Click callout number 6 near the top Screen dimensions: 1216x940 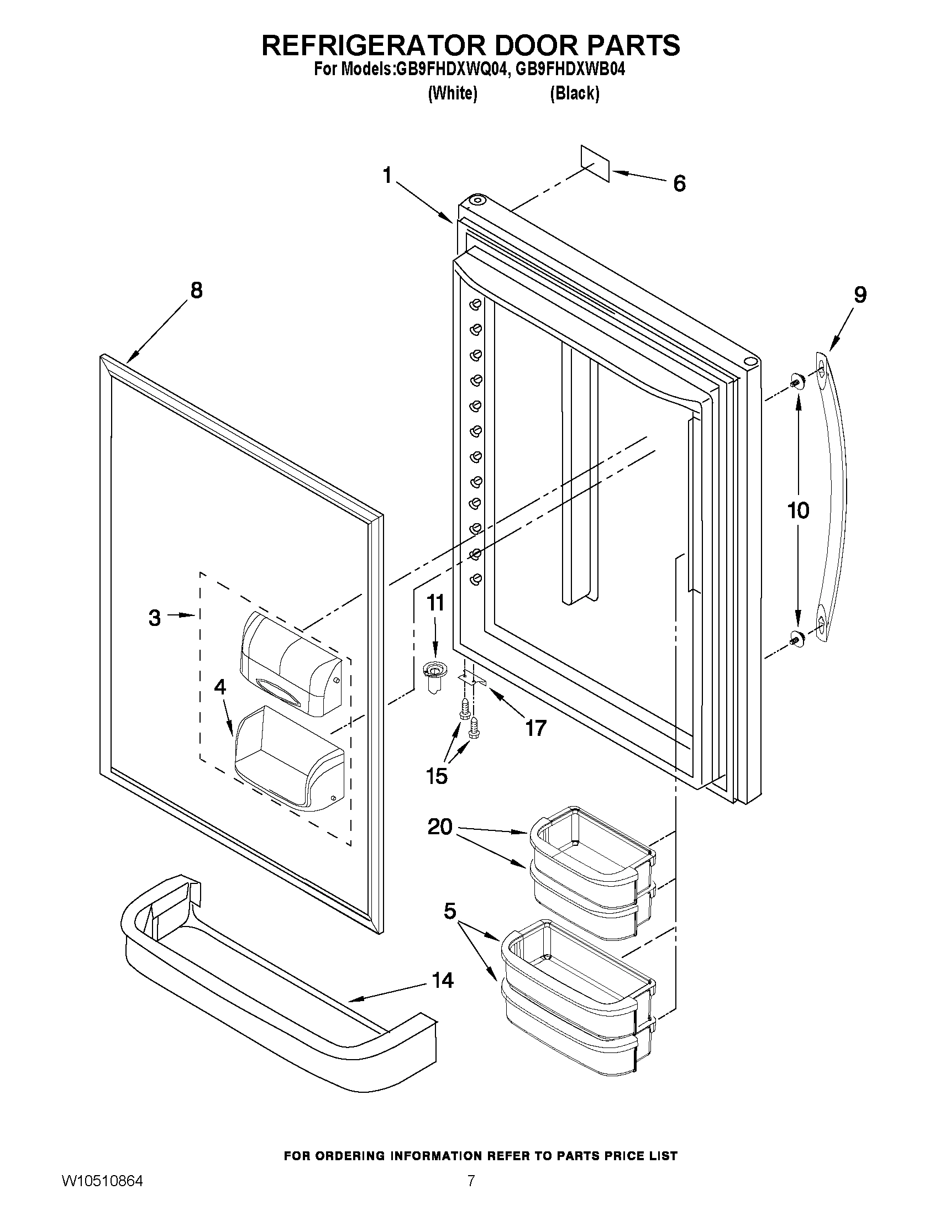coord(679,183)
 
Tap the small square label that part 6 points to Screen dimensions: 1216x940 coord(595,164)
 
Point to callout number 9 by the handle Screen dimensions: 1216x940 coord(860,294)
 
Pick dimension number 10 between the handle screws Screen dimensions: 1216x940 coord(798,510)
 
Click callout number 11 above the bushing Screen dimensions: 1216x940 coord(436,602)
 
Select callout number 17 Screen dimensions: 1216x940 coord(535,727)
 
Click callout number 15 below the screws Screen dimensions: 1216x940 coord(437,776)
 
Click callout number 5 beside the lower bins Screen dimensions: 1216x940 coord(450,912)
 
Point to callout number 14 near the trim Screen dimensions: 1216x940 coord(443,980)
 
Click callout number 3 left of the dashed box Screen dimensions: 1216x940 coord(155,618)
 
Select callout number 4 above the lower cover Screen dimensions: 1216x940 coord(220,687)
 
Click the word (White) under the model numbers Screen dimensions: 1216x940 coord(452,93)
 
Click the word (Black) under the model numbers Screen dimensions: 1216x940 coord(574,93)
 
